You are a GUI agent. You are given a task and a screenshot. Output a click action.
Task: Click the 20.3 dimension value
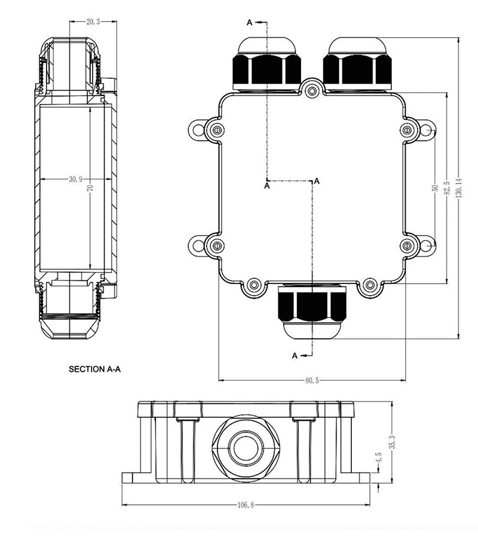click(93, 22)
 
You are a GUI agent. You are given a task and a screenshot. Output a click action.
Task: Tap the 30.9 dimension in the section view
click(75, 179)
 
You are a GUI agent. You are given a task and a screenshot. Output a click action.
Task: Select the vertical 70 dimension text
click(90, 188)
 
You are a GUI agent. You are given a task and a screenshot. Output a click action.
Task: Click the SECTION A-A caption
click(94, 369)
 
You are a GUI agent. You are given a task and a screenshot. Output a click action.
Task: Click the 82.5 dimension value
click(447, 188)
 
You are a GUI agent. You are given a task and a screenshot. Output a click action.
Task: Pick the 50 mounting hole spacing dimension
click(435, 188)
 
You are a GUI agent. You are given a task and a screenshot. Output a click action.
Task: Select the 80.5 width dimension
click(312, 380)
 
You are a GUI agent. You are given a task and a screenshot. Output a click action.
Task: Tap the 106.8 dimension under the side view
click(246, 505)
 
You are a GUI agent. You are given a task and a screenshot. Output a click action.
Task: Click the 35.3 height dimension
click(393, 442)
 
